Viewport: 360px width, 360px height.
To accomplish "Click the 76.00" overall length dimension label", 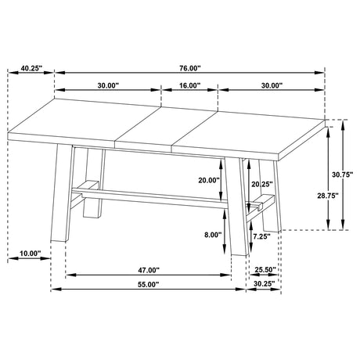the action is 190,68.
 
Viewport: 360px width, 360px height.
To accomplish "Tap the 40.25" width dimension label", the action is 31,68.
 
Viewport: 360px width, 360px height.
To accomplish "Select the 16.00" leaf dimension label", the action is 189,85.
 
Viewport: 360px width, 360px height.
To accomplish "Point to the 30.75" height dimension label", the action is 342,175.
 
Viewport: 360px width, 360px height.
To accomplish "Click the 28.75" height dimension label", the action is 328,196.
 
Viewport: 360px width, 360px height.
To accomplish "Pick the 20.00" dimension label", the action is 209,180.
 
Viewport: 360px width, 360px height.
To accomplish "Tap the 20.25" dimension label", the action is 262,184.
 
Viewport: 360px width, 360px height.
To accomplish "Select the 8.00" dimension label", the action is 213,235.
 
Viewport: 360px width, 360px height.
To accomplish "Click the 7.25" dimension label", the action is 261,236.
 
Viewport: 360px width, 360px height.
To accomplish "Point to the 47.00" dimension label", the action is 149,270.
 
